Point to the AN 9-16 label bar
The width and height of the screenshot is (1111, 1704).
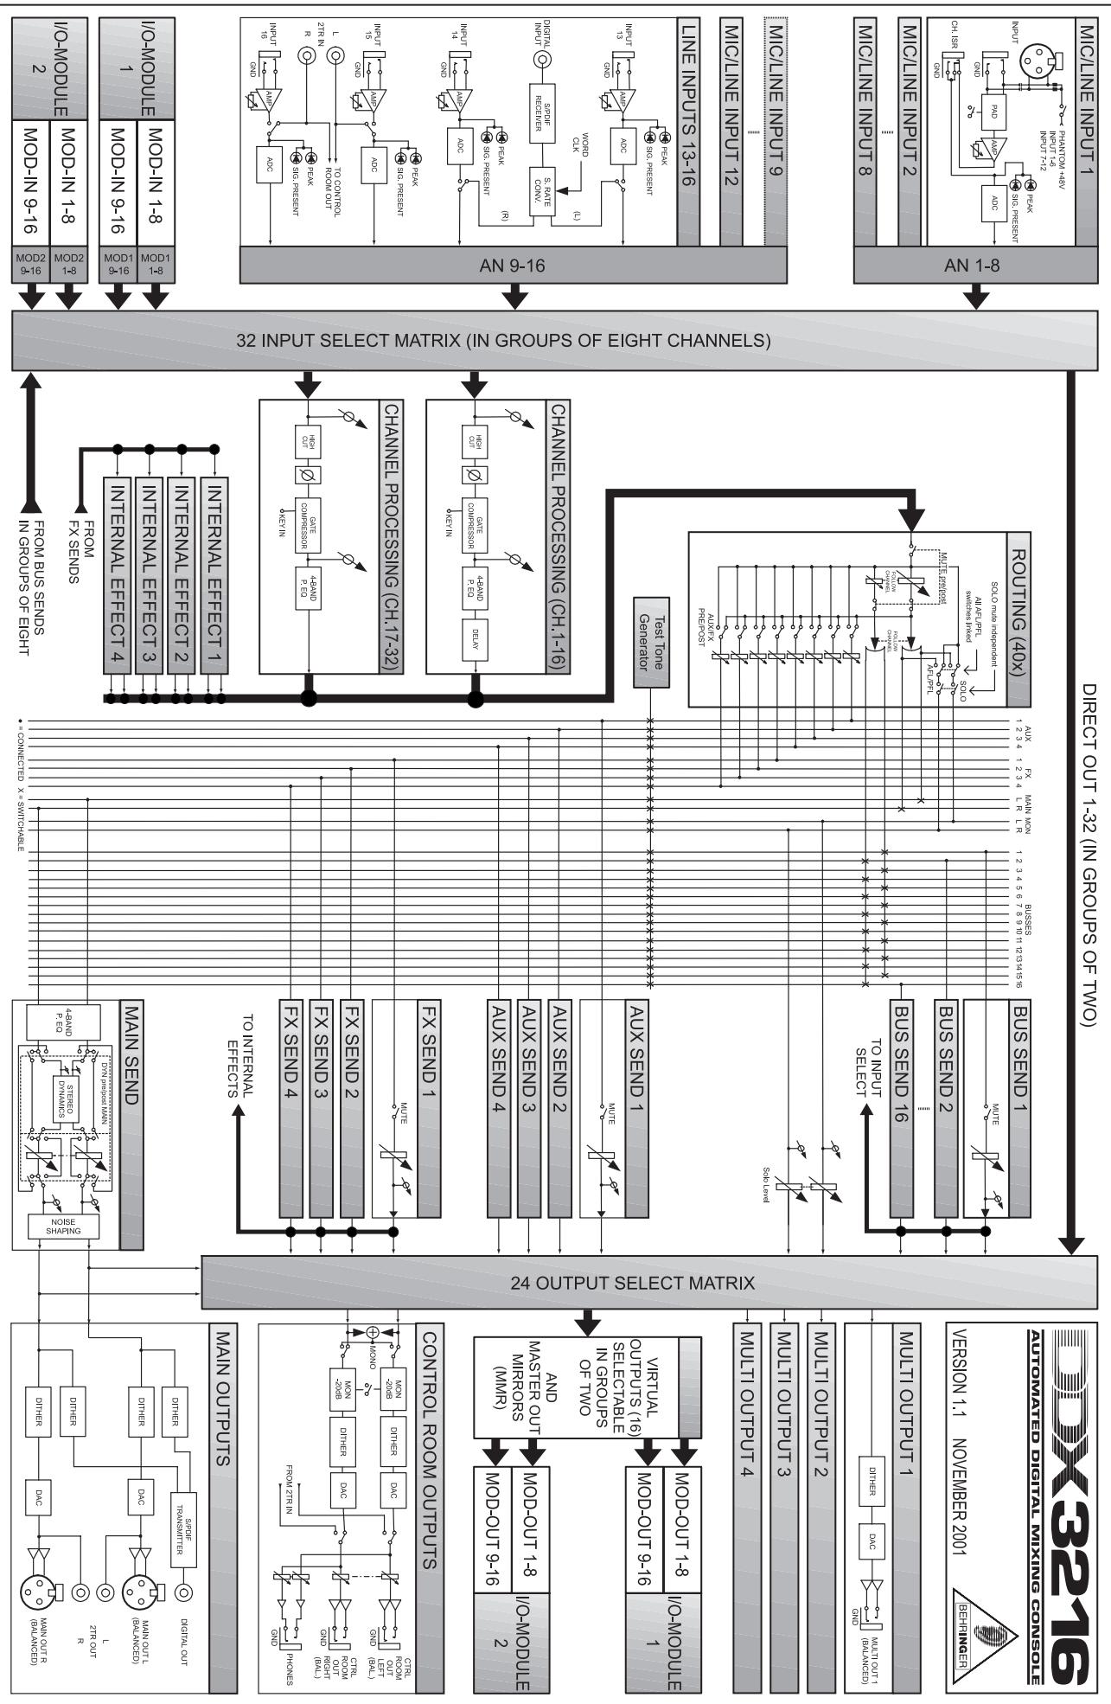(x=514, y=266)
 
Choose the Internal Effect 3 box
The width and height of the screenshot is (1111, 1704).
(x=148, y=568)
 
